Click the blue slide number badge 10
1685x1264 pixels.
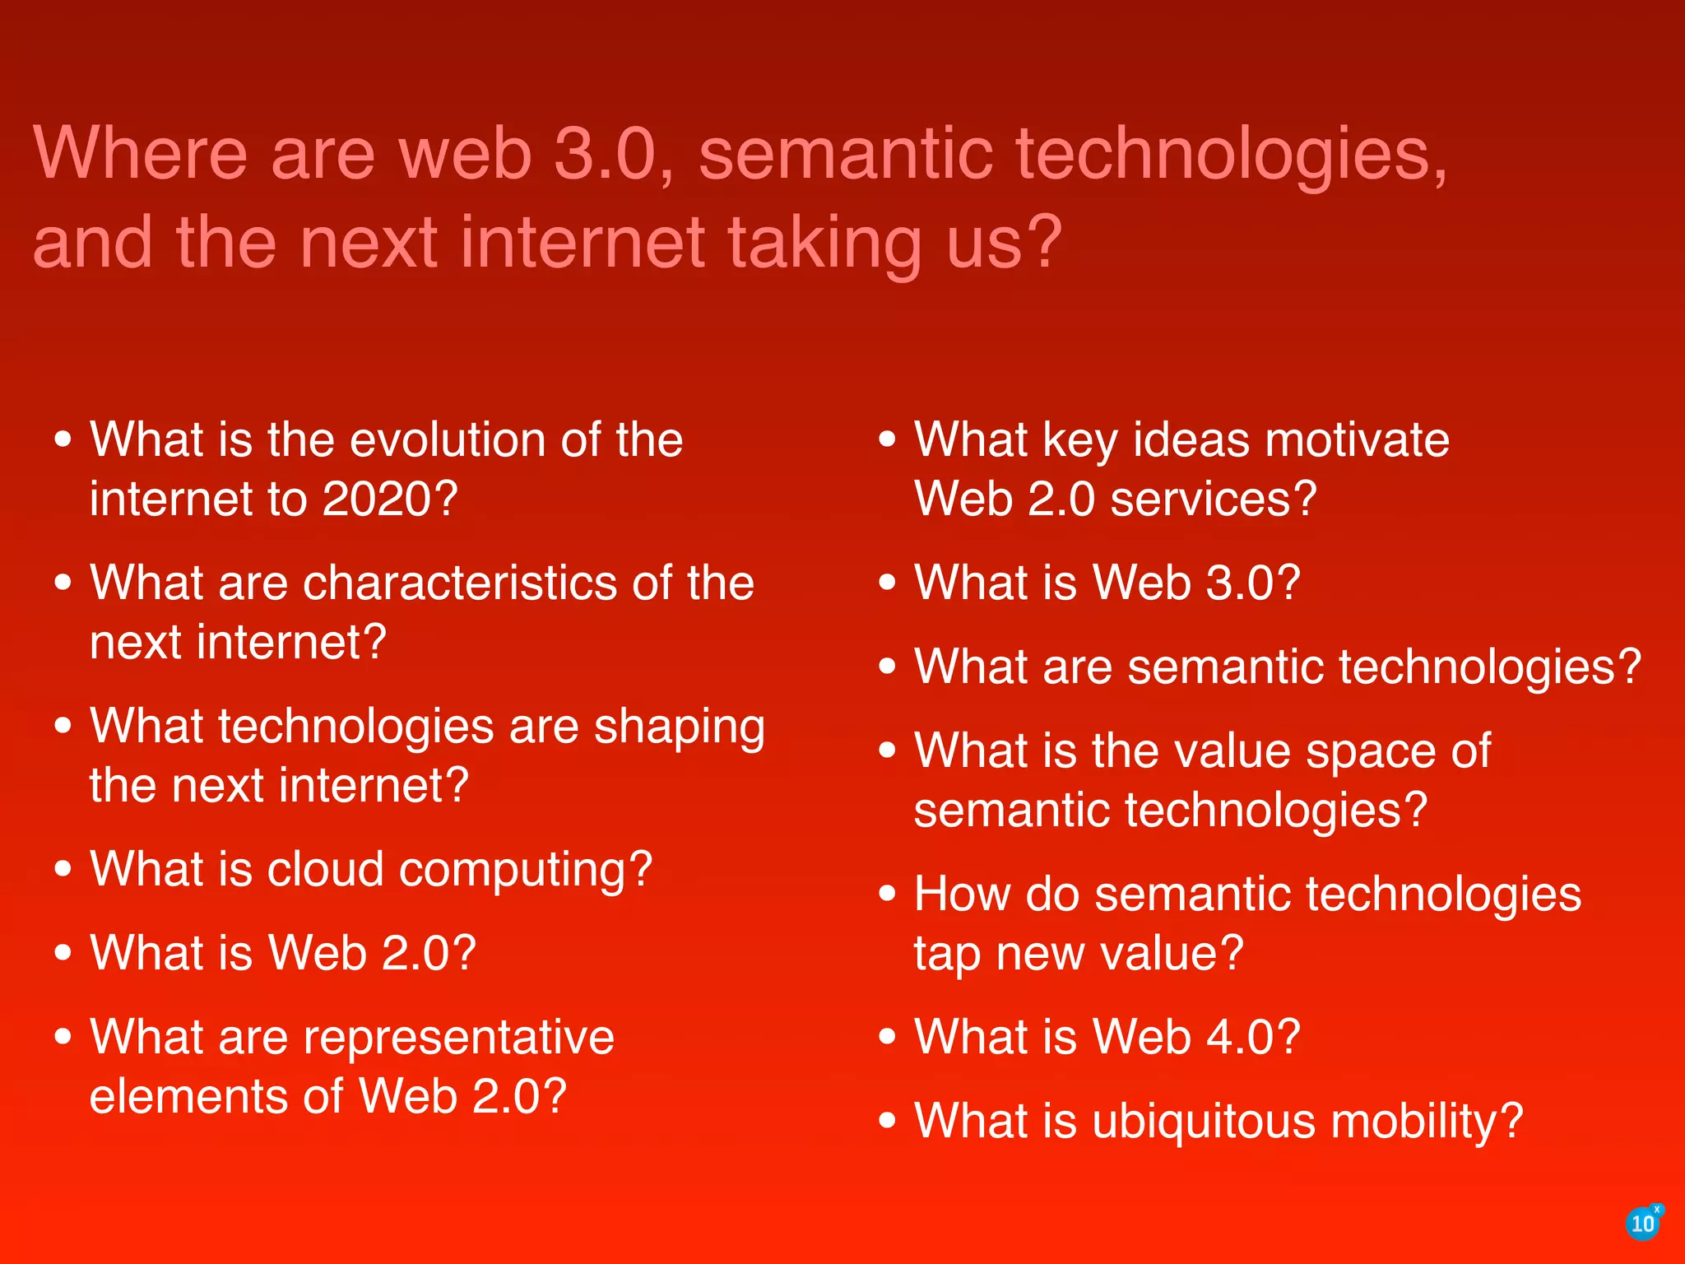tap(1642, 1224)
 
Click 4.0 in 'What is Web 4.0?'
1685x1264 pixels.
tap(1240, 1037)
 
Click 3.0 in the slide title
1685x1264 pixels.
tap(605, 153)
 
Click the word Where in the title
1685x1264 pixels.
tap(140, 153)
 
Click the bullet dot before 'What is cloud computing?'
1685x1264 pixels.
tap(63, 869)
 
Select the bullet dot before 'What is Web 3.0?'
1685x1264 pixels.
tap(887, 583)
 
